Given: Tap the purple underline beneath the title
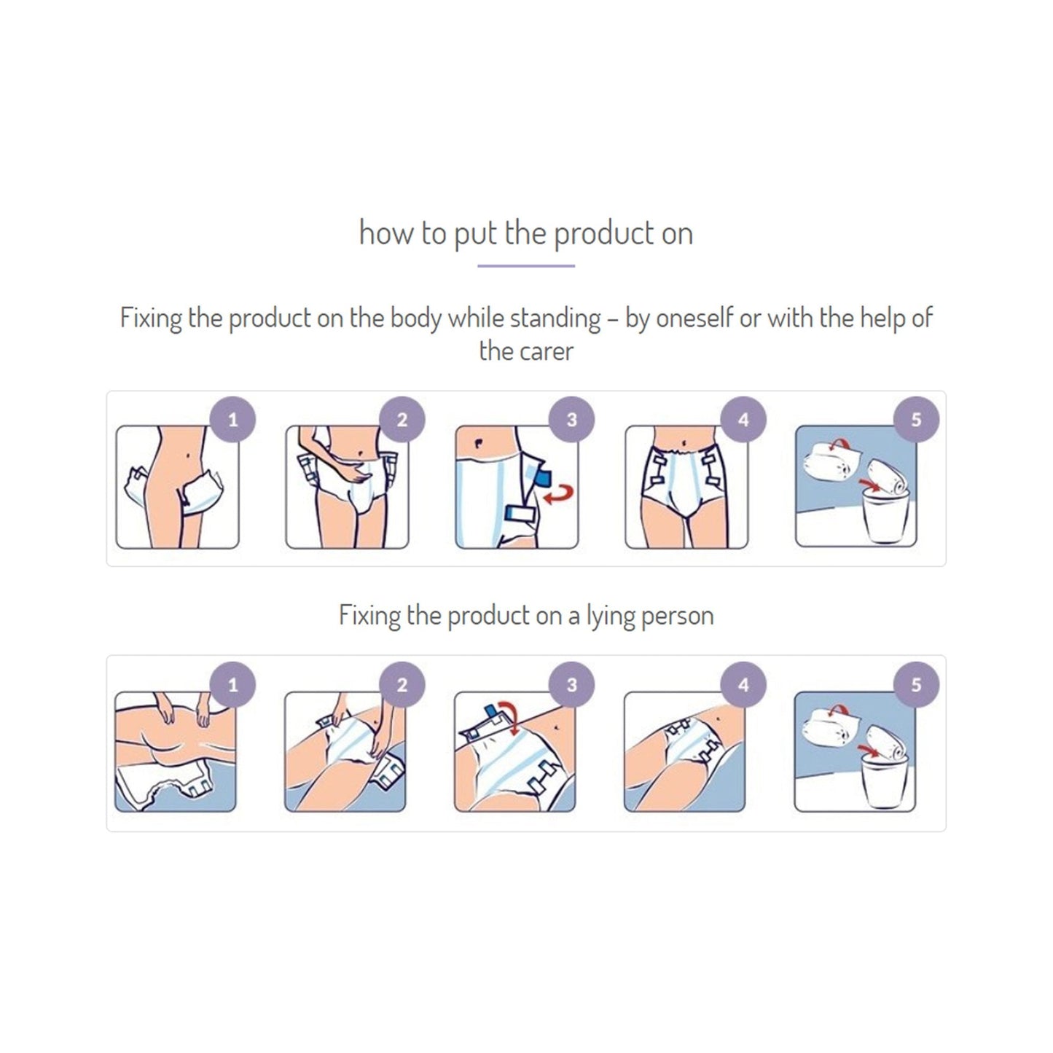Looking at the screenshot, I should pos(526,266).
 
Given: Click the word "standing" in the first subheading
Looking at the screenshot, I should pos(555,318).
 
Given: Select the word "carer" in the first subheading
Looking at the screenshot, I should pos(547,351).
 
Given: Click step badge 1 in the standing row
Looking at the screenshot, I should pos(232,420).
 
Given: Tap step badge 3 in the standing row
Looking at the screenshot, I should pos(572,420).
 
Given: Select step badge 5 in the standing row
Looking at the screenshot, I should pos(916,420).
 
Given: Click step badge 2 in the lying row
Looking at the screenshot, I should pos(402,685).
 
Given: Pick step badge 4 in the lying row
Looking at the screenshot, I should pos(743,685).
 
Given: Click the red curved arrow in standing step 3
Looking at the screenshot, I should pos(560,495).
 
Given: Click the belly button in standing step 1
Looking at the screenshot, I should pos(190,458).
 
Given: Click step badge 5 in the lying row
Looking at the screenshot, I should pos(916,685).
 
